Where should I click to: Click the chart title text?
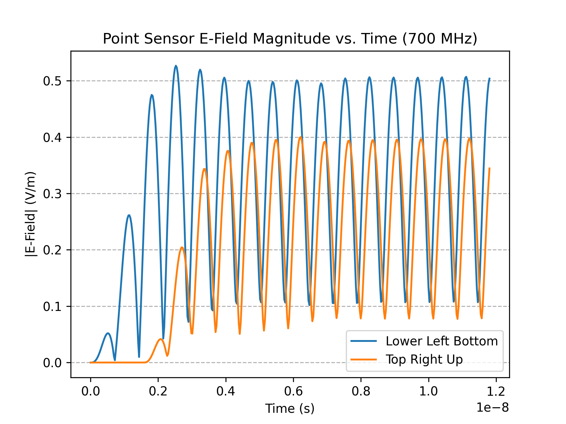click(x=290, y=39)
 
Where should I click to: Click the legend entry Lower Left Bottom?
click(x=441, y=341)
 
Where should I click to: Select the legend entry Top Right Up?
click(x=424, y=360)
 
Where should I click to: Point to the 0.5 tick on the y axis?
click(x=52, y=81)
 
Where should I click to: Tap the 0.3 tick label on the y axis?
click(x=52, y=194)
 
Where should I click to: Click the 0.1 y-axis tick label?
click(x=52, y=307)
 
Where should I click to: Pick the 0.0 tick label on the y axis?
click(x=52, y=363)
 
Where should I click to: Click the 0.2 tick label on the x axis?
click(x=158, y=391)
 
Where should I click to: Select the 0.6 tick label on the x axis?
click(x=293, y=391)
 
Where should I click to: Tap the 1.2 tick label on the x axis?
click(x=496, y=391)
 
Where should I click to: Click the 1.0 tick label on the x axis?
click(x=428, y=391)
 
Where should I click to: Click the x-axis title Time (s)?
click(x=290, y=409)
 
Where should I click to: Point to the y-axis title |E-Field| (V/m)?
click(x=31, y=214)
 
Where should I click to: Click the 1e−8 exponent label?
click(x=493, y=408)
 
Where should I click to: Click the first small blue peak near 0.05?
click(x=108, y=333)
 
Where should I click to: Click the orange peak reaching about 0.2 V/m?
click(x=182, y=247)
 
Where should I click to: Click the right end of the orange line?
click(x=489, y=168)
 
